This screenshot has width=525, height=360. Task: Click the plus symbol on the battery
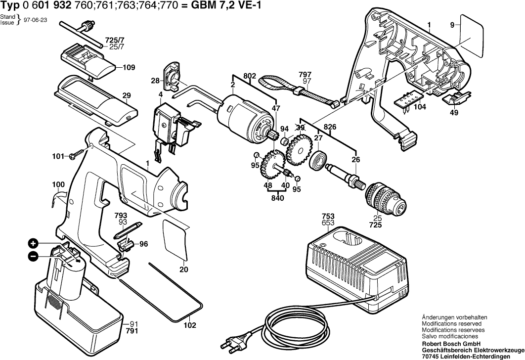(33, 243)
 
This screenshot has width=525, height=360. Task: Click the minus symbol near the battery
(33, 256)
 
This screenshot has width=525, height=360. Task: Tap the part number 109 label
(129, 67)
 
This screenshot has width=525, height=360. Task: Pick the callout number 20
(184, 270)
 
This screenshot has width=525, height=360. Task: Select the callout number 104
(420, 107)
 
